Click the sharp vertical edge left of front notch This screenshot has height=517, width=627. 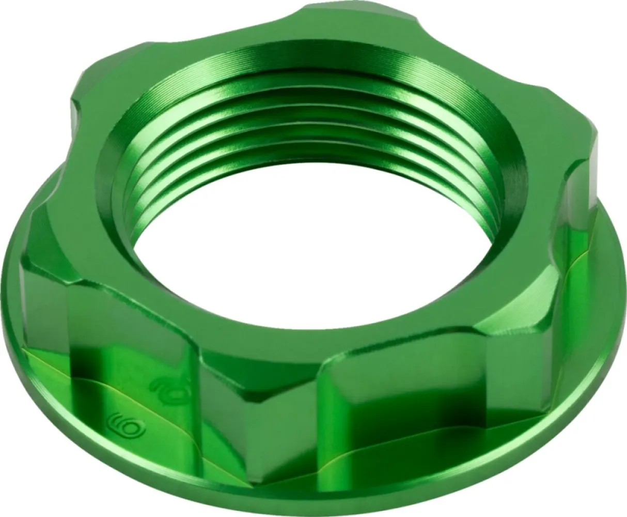point(201,393)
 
